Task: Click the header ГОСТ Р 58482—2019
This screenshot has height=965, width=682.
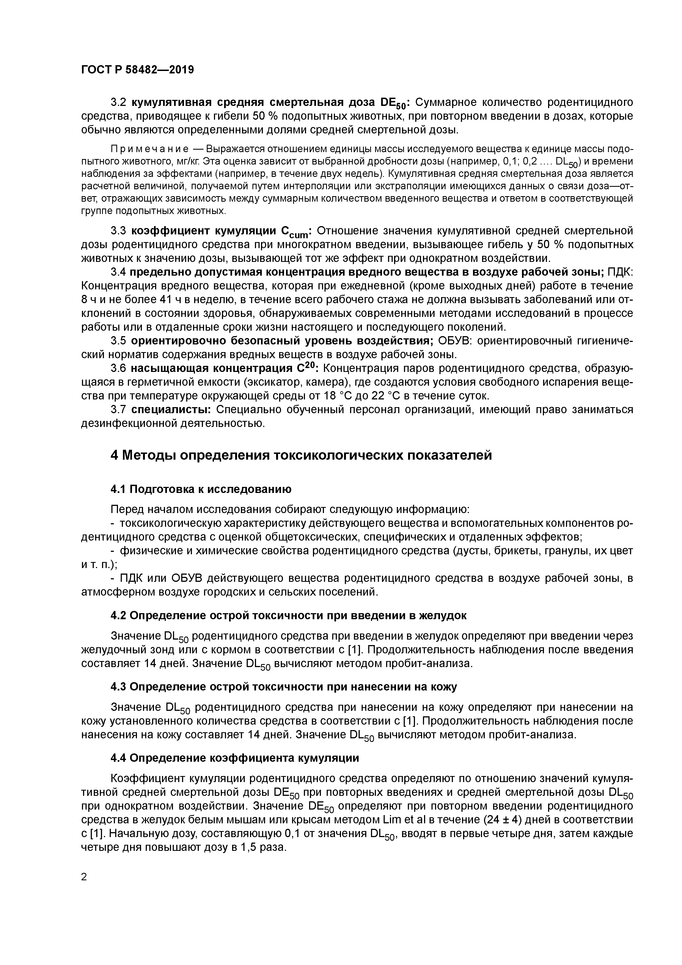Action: point(137,70)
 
